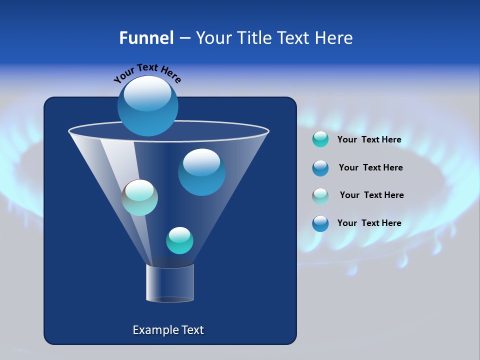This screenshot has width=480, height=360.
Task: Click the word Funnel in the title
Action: coord(146,38)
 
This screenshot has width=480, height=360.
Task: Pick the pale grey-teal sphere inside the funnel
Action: coord(139,197)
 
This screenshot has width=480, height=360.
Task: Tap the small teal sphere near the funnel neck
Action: coord(179,240)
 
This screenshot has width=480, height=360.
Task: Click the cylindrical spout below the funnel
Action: coord(170,283)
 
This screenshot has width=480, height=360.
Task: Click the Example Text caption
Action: coord(168,330)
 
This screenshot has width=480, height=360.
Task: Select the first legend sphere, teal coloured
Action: coord(320,139)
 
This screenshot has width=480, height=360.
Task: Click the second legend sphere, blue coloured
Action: coord(320,168)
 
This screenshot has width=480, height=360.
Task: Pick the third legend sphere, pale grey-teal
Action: coord(320,195)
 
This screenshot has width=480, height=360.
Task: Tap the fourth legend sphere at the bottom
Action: coord(320,223)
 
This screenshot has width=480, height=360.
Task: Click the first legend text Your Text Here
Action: coord(369,140)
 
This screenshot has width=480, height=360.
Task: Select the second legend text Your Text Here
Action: coord(370,168)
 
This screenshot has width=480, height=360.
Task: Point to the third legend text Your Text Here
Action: coord(371,195)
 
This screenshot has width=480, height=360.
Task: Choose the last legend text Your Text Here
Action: coord(369,223)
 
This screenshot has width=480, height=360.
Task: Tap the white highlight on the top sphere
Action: coord(147,93)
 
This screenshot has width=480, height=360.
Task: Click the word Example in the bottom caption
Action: coord(151,330)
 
